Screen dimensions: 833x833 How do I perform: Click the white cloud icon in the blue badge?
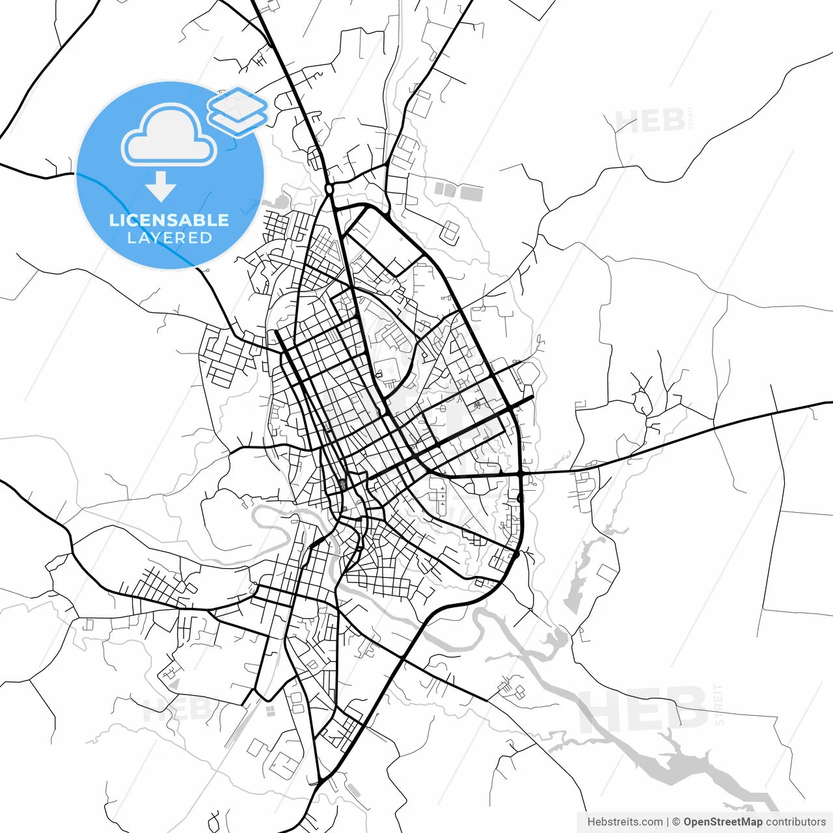169,137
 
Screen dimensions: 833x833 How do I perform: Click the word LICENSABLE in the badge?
169,220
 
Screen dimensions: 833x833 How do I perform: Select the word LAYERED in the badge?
169,238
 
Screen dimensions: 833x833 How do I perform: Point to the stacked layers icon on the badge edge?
238,111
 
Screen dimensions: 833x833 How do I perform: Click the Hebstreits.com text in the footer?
625,822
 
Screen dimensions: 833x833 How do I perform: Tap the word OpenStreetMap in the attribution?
722,822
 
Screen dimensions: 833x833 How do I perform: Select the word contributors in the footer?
795,822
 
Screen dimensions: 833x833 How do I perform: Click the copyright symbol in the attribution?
676,822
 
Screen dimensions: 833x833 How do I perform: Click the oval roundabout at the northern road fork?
329,189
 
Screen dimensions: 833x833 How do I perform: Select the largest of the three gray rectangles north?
472,193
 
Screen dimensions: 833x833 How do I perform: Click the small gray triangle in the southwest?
174,684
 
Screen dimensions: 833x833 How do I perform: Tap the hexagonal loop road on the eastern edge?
528,373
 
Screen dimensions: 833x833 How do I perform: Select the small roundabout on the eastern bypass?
519,498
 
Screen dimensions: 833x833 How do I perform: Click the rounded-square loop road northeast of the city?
450,231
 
